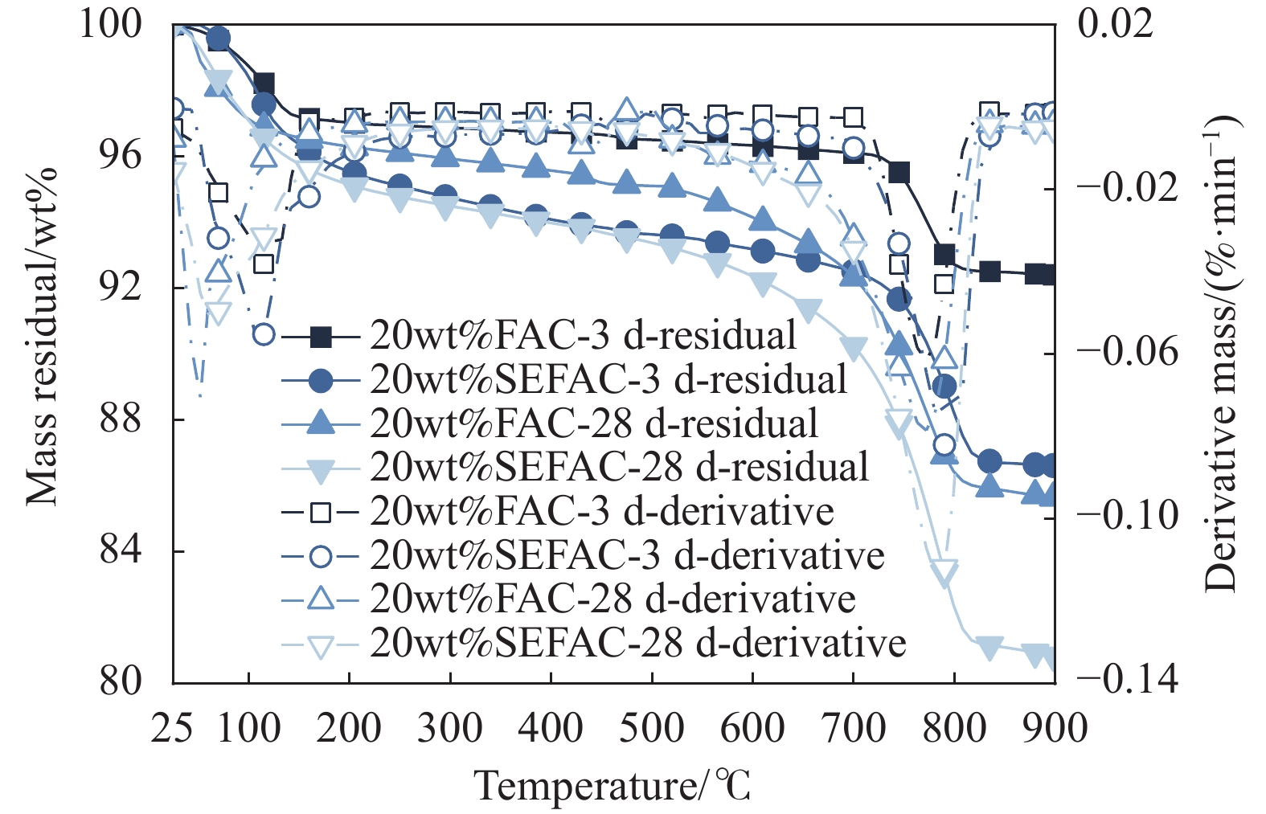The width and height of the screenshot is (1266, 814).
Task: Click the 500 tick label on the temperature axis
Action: click(x=652, y=729)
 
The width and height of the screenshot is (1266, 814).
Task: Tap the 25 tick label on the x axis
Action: click(x=173, y=729)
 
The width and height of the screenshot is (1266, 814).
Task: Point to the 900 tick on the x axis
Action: click(x=1054, y=729)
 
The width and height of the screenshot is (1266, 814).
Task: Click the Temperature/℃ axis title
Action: click(x=613, y=785)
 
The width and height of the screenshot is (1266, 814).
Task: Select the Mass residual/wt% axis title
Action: click(x=42, y=337)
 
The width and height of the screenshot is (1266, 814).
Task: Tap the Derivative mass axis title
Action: click(x=1222, y=354)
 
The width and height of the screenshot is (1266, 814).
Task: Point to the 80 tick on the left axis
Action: click(x=121, y=681)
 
